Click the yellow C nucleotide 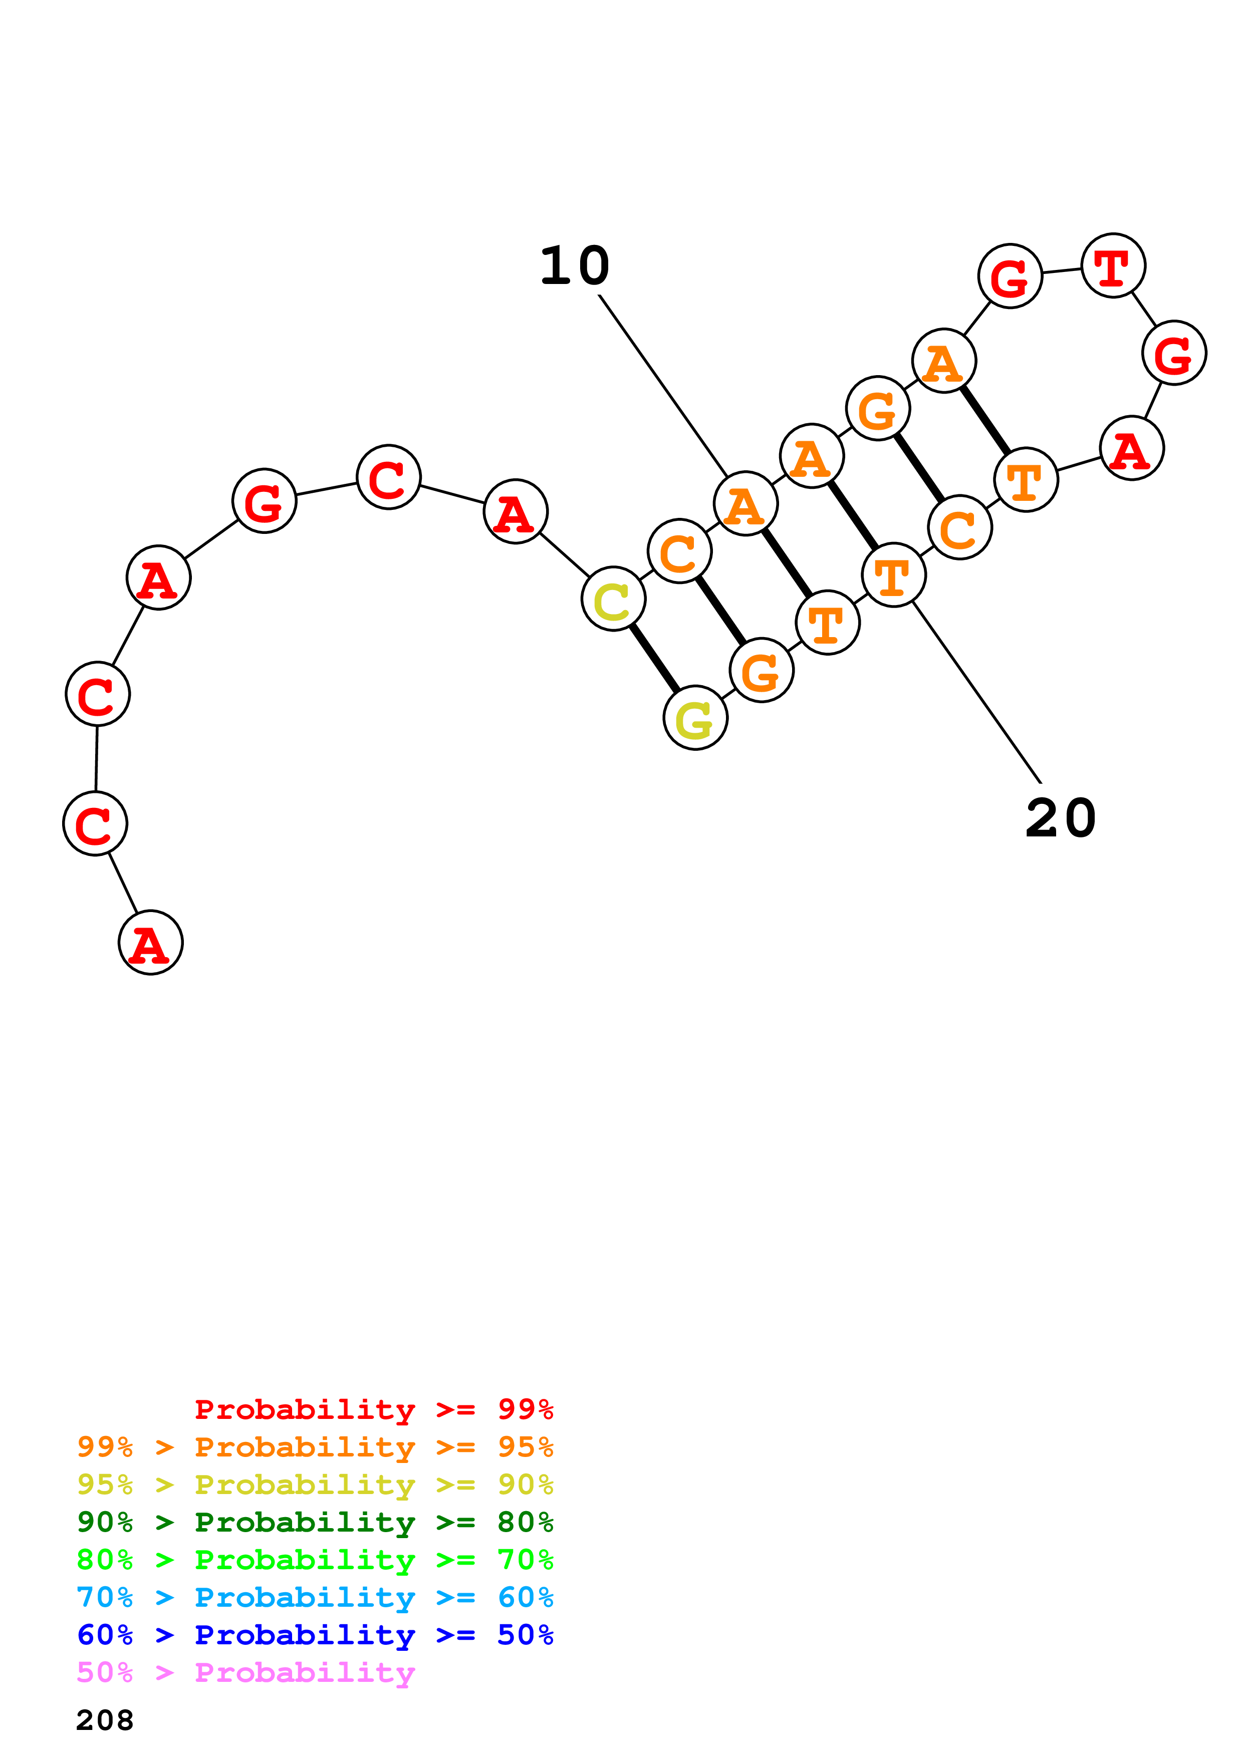point(613,599)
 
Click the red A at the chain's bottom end point(151,942)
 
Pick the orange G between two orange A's point(878,409)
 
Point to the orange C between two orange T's point(959,527)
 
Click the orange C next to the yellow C point(679,551)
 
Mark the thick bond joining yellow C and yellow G point(654,658)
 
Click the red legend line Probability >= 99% point(373,1409)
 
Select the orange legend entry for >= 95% point(315,1447)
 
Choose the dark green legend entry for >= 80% point(315,1522)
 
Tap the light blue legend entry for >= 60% point(315,1597)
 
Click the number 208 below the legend point(105,1720)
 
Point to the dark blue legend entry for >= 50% point(315,1635)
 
